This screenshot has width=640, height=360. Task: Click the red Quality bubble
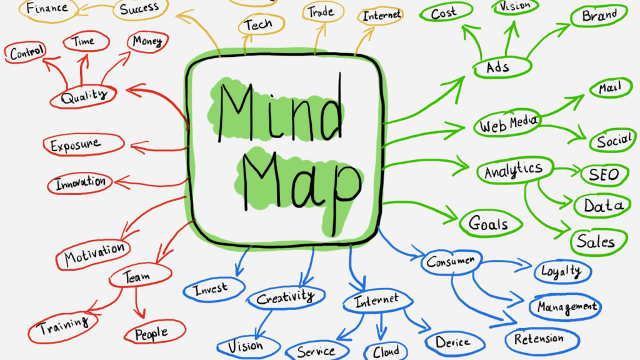click(83, 96)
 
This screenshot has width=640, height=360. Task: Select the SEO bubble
click(605, 175)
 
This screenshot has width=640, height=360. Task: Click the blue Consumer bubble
click(451, 262)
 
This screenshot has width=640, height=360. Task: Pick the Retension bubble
click(542, 339)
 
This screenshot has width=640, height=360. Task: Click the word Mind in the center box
click(280, 110)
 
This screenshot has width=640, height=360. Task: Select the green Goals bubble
click(491, 224)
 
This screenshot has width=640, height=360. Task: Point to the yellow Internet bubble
click(381, 16)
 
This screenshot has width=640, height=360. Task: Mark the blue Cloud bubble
click(386, 351)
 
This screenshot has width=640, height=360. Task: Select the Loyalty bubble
click(562, 271)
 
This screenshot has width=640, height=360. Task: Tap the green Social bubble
click(613, 141)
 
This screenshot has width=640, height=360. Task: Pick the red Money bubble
click(147, 42)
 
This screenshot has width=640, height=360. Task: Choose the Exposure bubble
click(84, 144)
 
